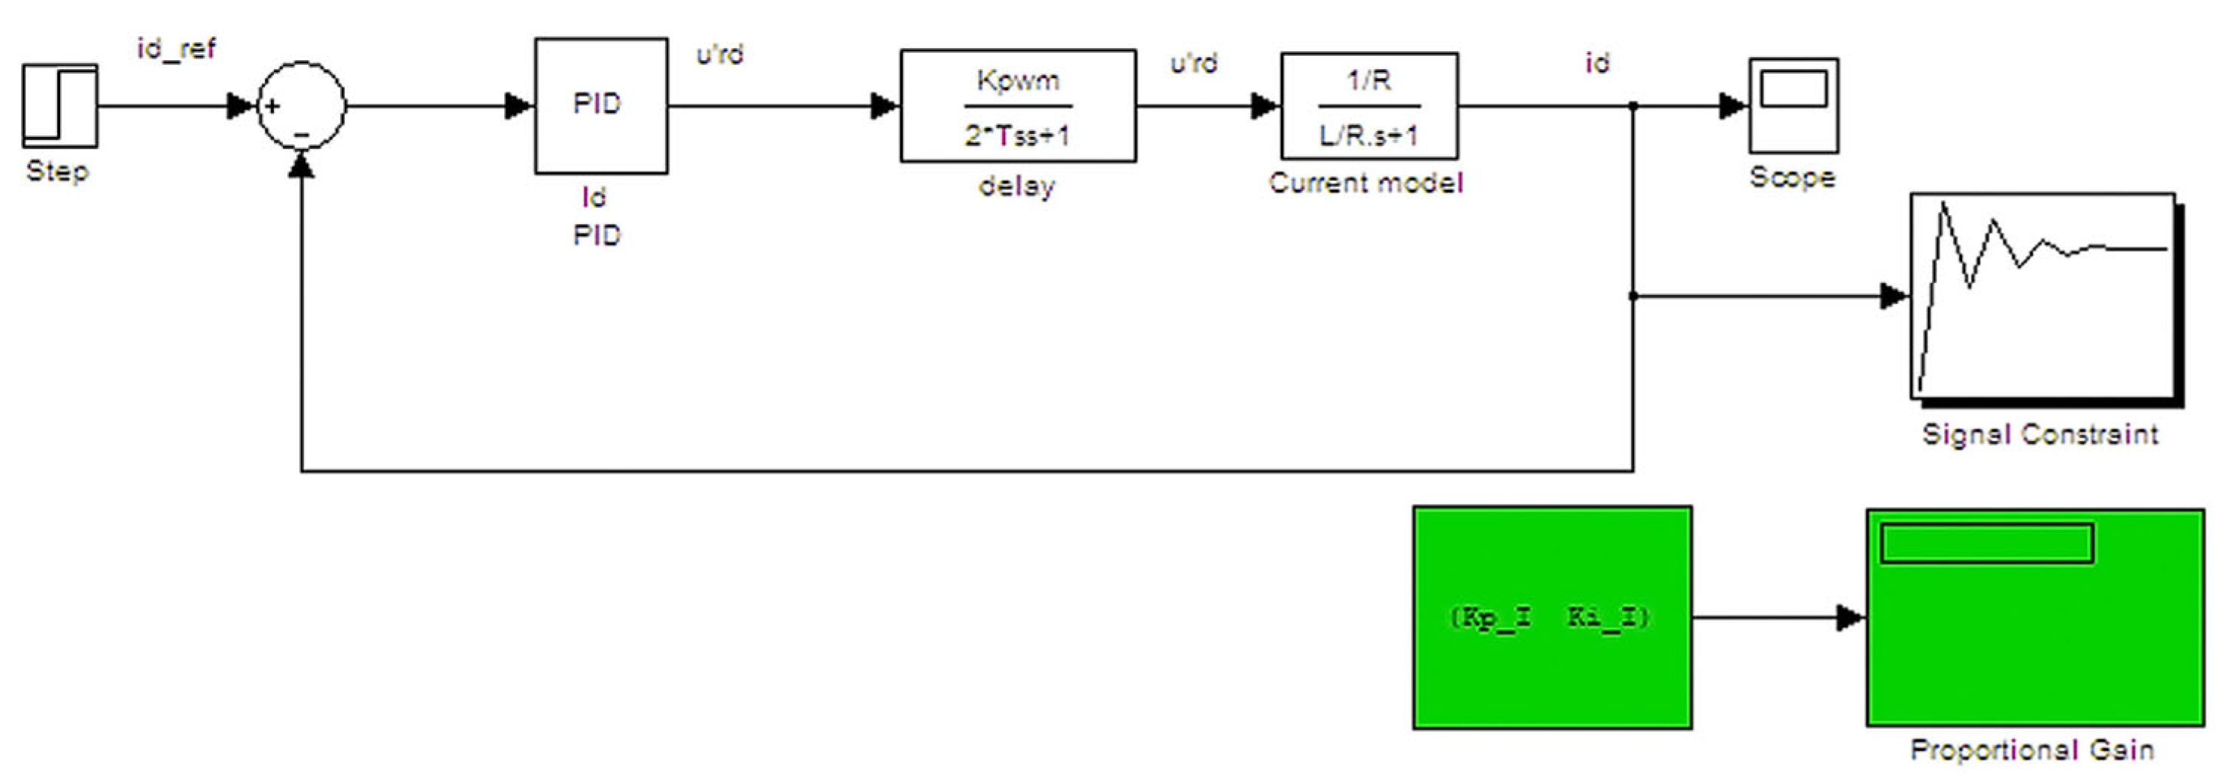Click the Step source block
pyautogui.click(x=59, y=105)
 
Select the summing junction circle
pyautogui.click(x=301, y=105)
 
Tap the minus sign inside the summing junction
pyautogui.click(x=302, y=134)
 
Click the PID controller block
pyautogui.click(x=600, y=105)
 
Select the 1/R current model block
pyautogui.click(x=1368, y=105)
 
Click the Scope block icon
pyautogui.click(x=1793, y=105)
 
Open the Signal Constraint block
pyautogui.click(x=2042, y=296)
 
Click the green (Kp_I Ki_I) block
pyautogui.click(x=1552, y=617)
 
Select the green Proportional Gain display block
pyautogui.click(x=2035, y=617)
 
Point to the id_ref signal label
pyautogui.click(x=176, y=48)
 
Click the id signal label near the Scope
pyautogui.click(x=1596, y=62)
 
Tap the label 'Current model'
pyautogui.click(x=1365, y=183)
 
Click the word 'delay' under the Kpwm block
pyautogui.click(x=1016, y=186)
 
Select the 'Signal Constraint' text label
pyautogui.click(x=2040, y=433)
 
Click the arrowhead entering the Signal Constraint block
pyautogui.click(x=1895, y=296)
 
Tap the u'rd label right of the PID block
pyautogui.click(x=720, y=54)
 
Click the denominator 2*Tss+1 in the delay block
pyautogui.click(x=1016, y=135)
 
